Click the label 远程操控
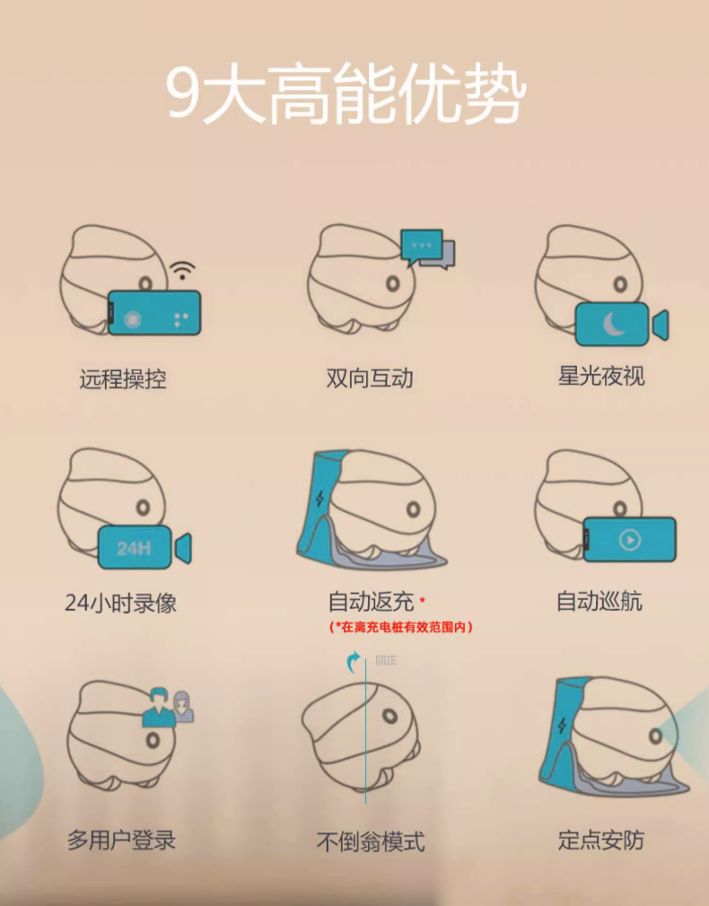[x=123, y=379]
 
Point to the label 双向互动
[x=370, y=379]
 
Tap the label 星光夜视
[x=601, y=376]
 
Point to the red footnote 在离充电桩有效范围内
[x=400, y=627]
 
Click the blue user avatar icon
[x=158, y=705]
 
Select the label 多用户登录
[x=121, y=841]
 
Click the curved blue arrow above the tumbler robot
[x=354, y=663]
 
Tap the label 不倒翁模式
[x=371, y=842]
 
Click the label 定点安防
[x=600, y=841]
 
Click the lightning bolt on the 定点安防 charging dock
[x=561, y=727]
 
